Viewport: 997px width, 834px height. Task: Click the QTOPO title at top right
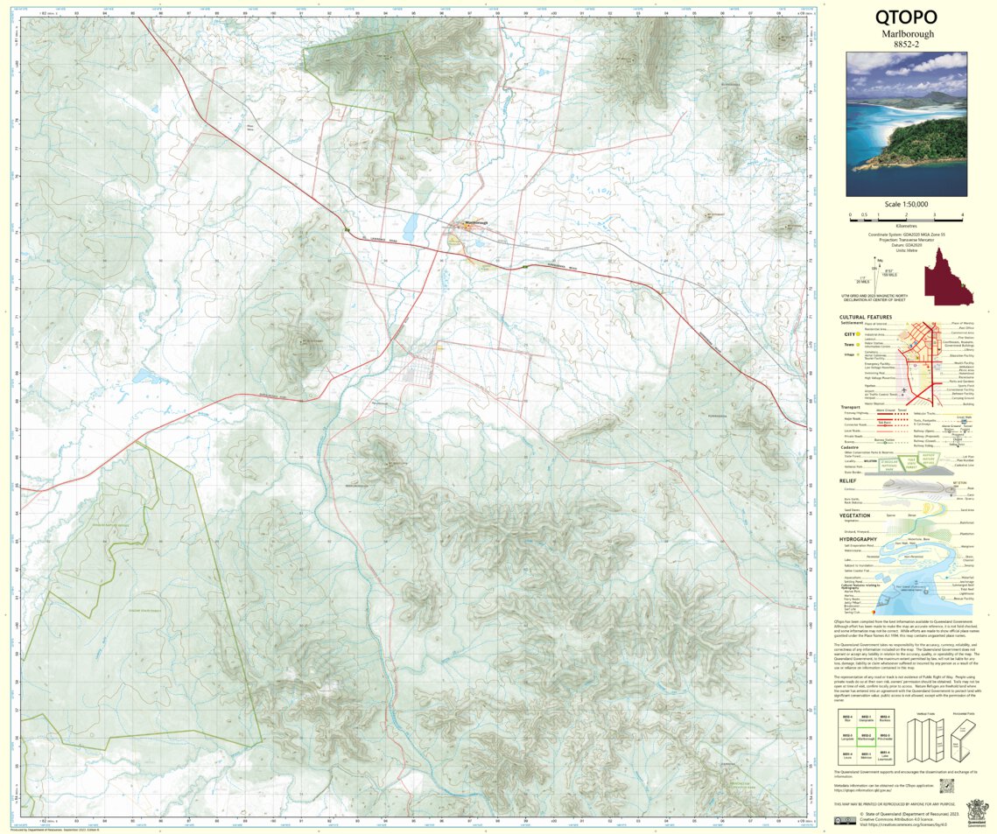coord(906,18)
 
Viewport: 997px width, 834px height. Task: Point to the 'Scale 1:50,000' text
coord(906,204)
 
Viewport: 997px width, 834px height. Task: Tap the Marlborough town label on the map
coord(475,223)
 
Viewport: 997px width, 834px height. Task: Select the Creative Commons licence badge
coord(846,820)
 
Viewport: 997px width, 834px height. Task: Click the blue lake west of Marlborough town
coord(143,377)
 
